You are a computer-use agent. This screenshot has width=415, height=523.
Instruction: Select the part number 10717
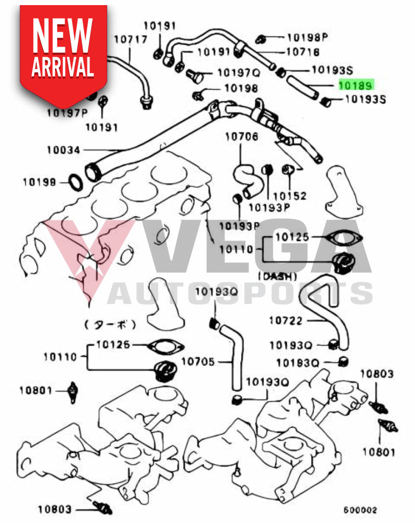[130, 39]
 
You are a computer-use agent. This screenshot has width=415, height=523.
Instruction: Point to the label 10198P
[307, 37]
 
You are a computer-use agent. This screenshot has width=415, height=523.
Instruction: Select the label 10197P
[67, 113]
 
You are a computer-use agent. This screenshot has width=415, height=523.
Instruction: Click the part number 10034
[64, 150]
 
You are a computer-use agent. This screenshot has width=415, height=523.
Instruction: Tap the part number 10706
[242, 136]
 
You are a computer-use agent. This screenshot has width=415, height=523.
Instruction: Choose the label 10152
[289, 196]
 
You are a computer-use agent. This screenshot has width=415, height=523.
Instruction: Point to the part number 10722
[286, 321]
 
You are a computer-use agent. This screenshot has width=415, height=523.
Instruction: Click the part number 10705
[199, 362]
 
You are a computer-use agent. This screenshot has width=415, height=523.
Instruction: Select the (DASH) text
[278, 276]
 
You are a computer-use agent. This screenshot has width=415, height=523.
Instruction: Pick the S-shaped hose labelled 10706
[245, 179]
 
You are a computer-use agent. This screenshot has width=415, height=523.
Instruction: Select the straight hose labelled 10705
[234, 358]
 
